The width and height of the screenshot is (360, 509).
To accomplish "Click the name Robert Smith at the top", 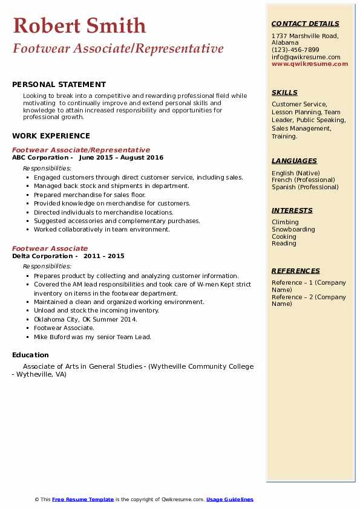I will [x=79, y=25].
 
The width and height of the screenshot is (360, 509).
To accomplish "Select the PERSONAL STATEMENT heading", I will [x=59, y=85].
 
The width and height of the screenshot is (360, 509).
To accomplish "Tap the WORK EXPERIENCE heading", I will [x=51, y=136].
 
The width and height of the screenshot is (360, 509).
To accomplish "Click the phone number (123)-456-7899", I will [x=295, y=50].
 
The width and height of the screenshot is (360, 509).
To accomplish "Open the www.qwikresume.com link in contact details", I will [x=310, y=63].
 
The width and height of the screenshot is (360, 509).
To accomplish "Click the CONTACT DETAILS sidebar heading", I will [x=306, y=24].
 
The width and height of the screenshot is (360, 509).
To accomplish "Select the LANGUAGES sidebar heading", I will [x=294, y=161].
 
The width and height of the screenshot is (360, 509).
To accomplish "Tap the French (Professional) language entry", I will [x=303, y=180].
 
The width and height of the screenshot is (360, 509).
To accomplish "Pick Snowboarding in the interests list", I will [x=293, y=230].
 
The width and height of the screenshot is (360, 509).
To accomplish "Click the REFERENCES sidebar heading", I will [x=295, y=271].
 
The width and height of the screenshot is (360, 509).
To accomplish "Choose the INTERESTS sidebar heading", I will [x=292, y=210].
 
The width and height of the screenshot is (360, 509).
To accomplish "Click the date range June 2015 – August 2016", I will [x=121, y=158].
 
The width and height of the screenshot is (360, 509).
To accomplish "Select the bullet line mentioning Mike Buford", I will [x=93, y=337].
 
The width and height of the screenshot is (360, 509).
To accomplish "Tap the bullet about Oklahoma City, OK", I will [x=85, y=319].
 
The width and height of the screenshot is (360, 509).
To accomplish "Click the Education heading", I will [x=30, y=355].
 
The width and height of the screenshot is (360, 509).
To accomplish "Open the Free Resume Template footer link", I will [x=83, y=499].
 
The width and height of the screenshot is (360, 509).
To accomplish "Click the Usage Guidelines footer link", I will [x=229, y=499].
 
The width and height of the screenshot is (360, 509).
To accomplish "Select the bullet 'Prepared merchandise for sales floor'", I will [x=90, y=195].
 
